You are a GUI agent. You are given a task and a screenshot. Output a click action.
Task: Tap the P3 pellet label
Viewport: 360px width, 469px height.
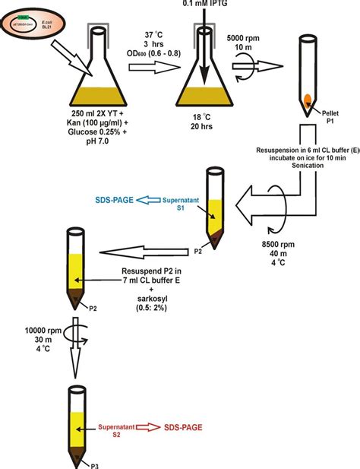click(x=89, y=463)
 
